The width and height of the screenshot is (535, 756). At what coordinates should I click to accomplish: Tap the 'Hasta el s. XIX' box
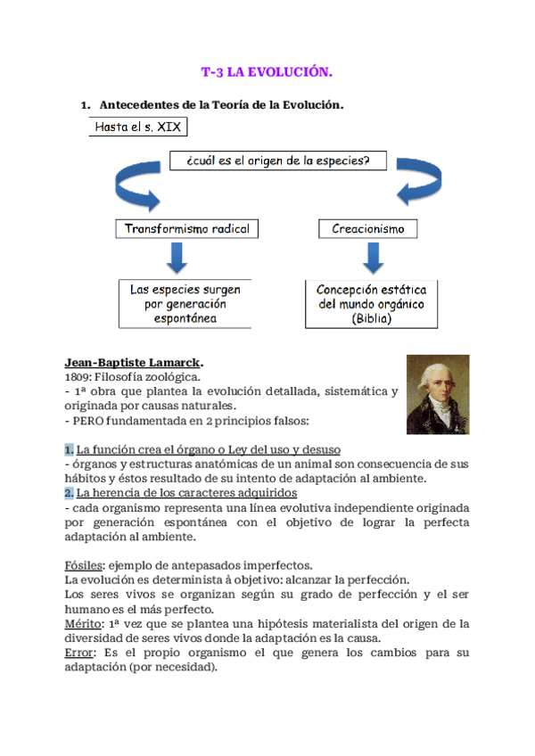point(137,127)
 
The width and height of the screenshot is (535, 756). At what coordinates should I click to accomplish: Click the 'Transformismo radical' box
point(187,228)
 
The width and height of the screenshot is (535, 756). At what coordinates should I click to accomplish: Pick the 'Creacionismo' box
point(367,228)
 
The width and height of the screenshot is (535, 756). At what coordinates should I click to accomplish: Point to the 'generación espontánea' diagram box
point(185,303)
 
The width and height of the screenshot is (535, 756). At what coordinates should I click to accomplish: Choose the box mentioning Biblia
point(372,303)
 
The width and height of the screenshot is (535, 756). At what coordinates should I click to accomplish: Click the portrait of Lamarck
point(438,395)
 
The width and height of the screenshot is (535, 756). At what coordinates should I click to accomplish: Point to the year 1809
point(78,377)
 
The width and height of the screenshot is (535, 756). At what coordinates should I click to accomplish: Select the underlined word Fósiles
point(84,565)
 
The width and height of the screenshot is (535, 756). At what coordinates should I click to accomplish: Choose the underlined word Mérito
point(82,623)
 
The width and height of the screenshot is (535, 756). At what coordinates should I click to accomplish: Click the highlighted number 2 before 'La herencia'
point(69,492)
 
